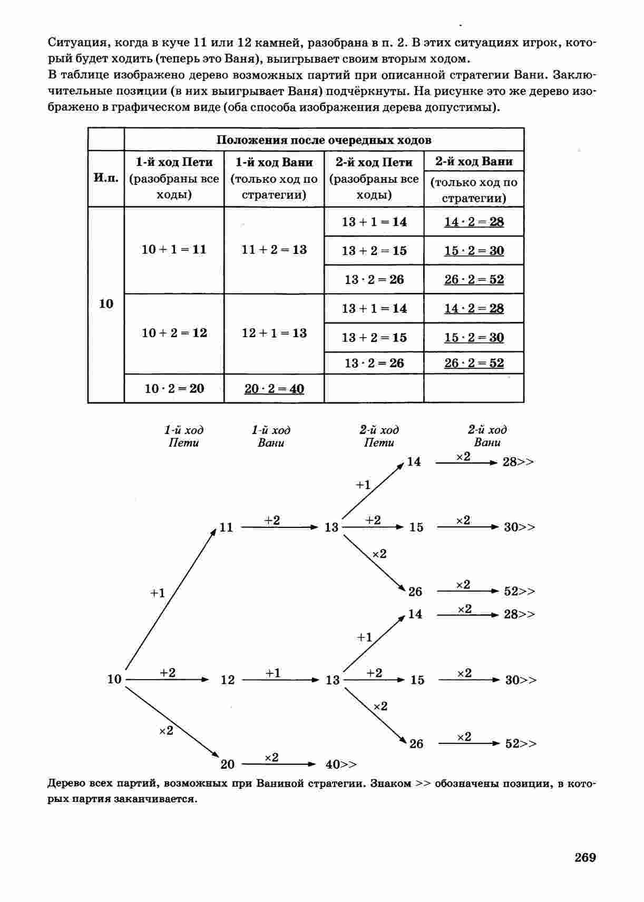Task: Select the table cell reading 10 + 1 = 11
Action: pos(174,249)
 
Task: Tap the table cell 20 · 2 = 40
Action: pos(274,389)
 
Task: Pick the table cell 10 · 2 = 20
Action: pos(174,389)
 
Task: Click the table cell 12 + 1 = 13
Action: pos(274,333)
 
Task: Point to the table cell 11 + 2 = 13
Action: pos(274,249)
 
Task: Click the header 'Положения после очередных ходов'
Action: pos(324,140)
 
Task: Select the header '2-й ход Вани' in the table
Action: pos(474,161)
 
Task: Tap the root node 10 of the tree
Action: pos(114,679)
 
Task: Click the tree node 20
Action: pos(227,764)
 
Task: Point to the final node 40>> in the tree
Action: pos(341,764)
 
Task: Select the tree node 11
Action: pos(226,527)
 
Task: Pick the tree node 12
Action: pos(227,680)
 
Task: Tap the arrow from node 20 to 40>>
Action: pos(281,764)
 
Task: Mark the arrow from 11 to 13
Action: pos(280,527)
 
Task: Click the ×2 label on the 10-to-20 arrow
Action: pos(166,731)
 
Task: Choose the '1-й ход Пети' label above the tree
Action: pos(183,436)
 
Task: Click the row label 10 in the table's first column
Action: pos(106,304)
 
